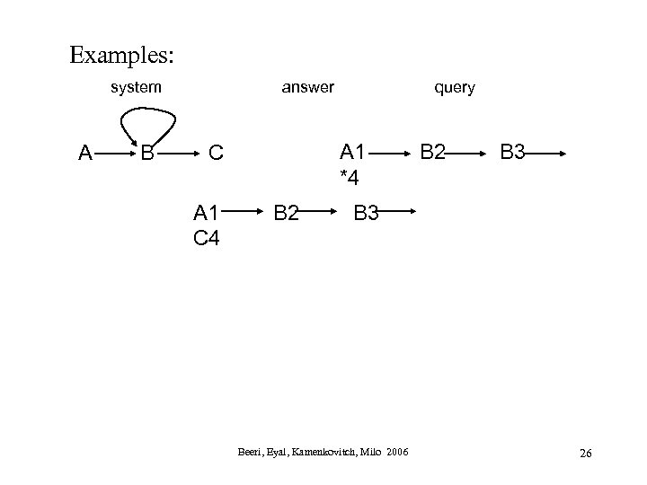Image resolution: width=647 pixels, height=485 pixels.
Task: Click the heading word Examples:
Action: click(122, 56)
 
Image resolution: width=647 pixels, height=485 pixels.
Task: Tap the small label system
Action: click(136, 87)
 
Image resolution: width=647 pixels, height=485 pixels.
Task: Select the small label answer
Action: click(307, 87)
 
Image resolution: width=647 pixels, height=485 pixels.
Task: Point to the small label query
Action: click(454, 87)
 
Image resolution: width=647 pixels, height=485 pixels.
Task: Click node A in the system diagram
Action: click(85, 154)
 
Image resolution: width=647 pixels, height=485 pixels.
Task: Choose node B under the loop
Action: click(147, 154)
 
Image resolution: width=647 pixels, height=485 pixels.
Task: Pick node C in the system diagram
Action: click(216, 154)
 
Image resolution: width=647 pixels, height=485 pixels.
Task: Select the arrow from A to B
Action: click(115, 154)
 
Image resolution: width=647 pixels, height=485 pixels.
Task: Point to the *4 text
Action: click(349, 178)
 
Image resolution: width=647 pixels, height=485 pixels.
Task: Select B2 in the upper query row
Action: click(431, 154)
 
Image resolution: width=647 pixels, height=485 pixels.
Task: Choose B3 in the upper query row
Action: click(512, 154)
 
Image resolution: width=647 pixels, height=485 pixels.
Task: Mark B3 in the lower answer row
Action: click(367, 214)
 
